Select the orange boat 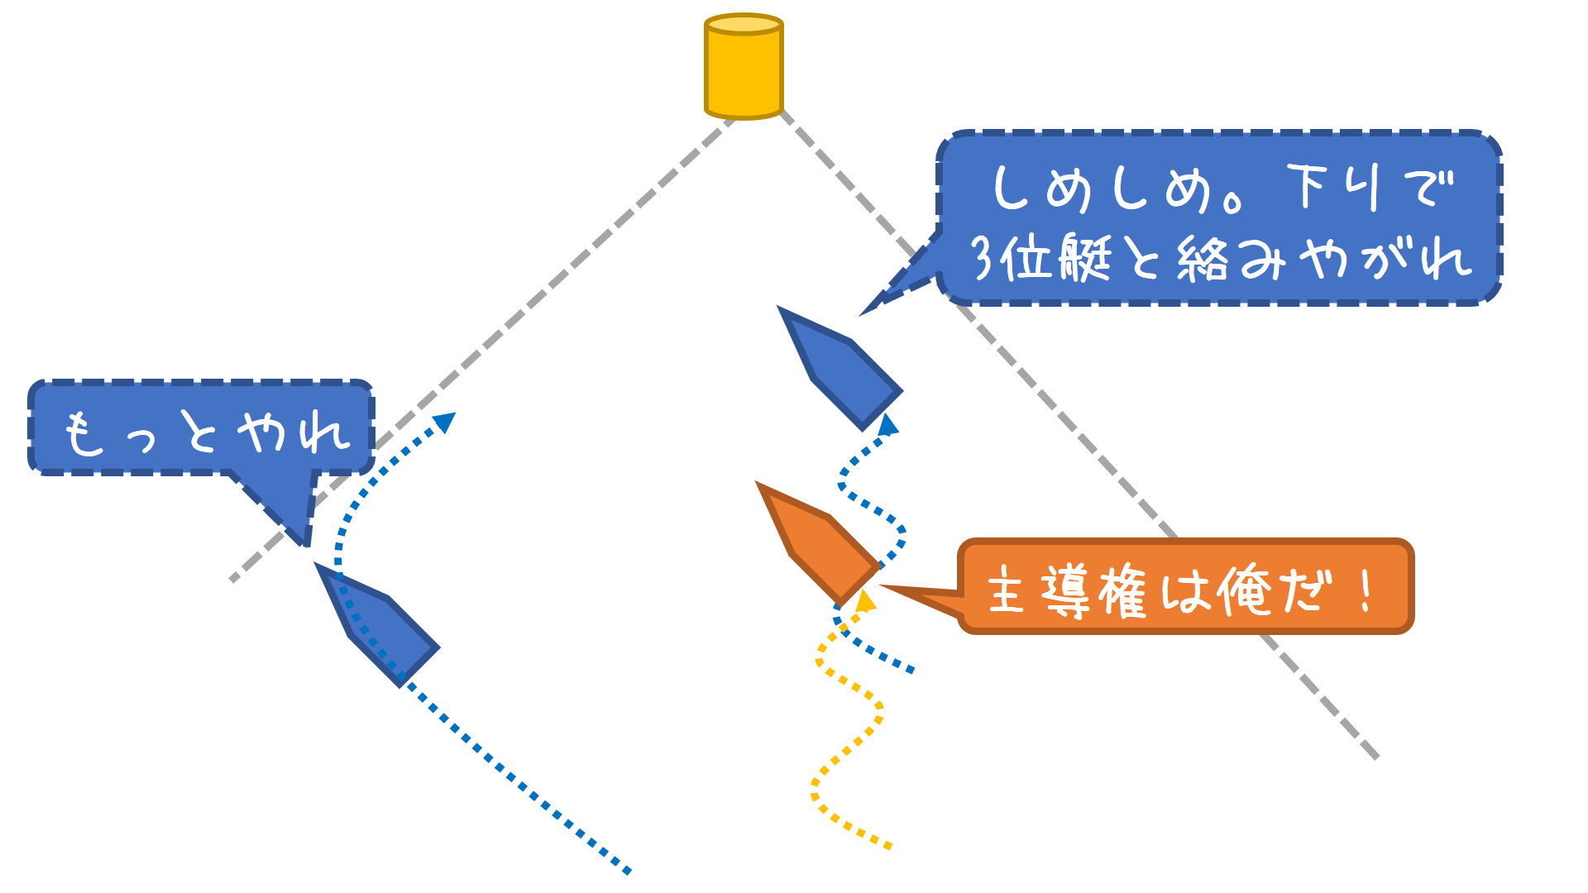coord(815,542)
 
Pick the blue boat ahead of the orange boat coord(839,368)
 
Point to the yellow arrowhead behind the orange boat coord(866,601)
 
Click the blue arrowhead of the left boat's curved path coord(446,422)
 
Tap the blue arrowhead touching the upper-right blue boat coord(887,425)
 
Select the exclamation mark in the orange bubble coord(1366,590)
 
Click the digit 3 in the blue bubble coord(983,258)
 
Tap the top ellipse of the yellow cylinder coord(744,24)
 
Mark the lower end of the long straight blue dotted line coord(629,871)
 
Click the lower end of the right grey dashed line coord(1375,756)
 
